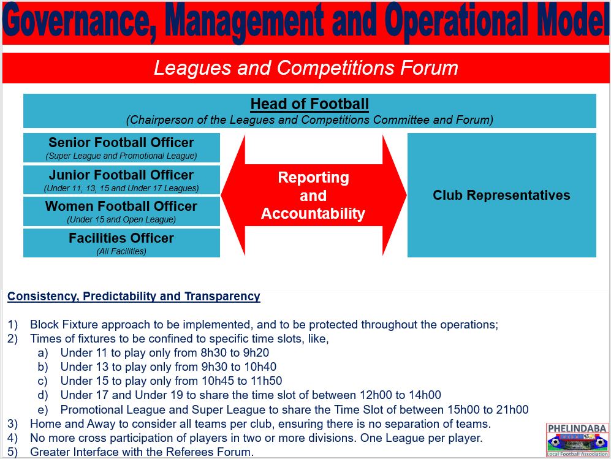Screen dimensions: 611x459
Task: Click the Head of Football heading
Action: (x=309, y=104)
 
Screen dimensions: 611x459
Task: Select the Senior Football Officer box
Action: (x=121, y=148)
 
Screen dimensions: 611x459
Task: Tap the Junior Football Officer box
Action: (x=121, y=180)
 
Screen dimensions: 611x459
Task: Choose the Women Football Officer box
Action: (x=121, y=211)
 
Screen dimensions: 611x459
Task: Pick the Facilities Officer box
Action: (x=121, y=243)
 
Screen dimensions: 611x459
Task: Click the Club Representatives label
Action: (x=501, y=195)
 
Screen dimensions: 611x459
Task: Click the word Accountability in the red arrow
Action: (x=313, y=213)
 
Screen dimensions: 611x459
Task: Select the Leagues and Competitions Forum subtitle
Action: (x=306, y=68)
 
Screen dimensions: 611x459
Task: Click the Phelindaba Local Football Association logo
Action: (x=577, y=440)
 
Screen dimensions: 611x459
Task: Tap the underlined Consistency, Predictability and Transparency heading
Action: (x=134, y=296)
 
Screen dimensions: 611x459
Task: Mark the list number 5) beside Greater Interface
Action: (x=12, y=452)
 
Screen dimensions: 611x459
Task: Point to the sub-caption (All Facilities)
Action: (x=121, y=251)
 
